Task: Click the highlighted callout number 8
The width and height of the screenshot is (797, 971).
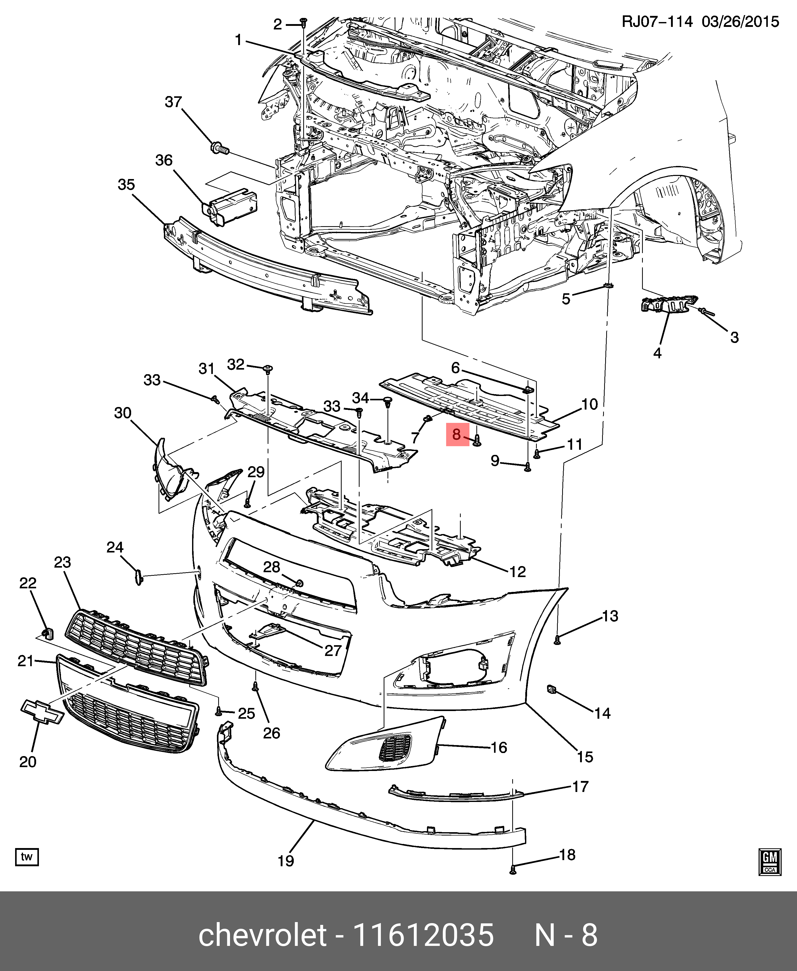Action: [457, 434]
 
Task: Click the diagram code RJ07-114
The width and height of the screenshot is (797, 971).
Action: [656, 22]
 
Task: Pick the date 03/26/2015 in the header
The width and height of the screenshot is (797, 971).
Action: [740, 22]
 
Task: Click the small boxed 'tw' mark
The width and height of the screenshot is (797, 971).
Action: [27, 857]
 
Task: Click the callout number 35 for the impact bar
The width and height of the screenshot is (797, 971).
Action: [126, 185]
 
